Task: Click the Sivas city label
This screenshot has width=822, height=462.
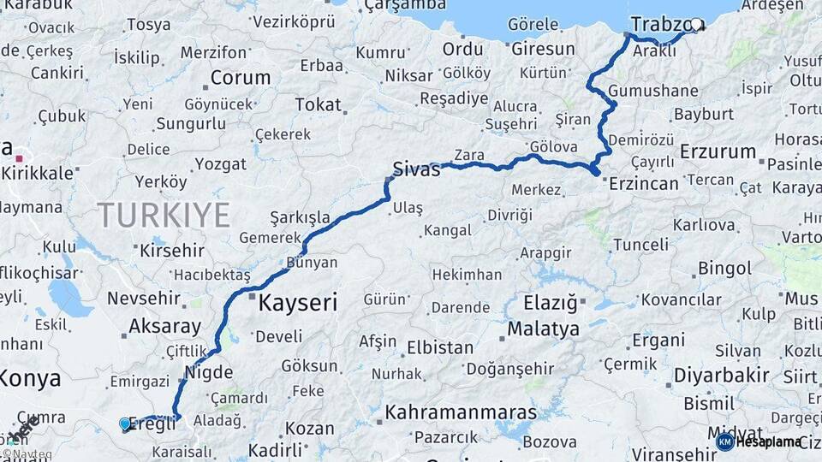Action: [416, 169]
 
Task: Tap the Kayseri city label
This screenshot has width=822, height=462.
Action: [297, 302]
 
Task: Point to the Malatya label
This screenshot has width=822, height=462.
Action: [543, 328]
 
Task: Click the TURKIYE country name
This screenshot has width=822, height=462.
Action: [164, 215]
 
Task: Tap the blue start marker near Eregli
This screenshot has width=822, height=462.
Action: [125, 423]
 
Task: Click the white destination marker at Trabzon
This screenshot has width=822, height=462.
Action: [696, 26]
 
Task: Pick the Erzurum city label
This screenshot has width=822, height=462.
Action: [718, 151]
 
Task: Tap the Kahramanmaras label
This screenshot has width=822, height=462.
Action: [461, 412]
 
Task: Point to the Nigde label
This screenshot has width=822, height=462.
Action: [203, 371]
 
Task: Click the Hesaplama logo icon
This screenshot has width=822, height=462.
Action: [725, 441]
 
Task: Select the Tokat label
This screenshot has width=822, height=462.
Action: [318, 104]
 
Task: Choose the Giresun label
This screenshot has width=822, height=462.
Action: [543, 49]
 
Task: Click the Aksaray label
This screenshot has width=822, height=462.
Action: [164, 326]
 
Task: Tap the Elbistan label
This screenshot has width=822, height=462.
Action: [440, 348]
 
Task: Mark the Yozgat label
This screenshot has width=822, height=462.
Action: [220, 163]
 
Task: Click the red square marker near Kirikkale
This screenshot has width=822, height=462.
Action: [19, 158]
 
